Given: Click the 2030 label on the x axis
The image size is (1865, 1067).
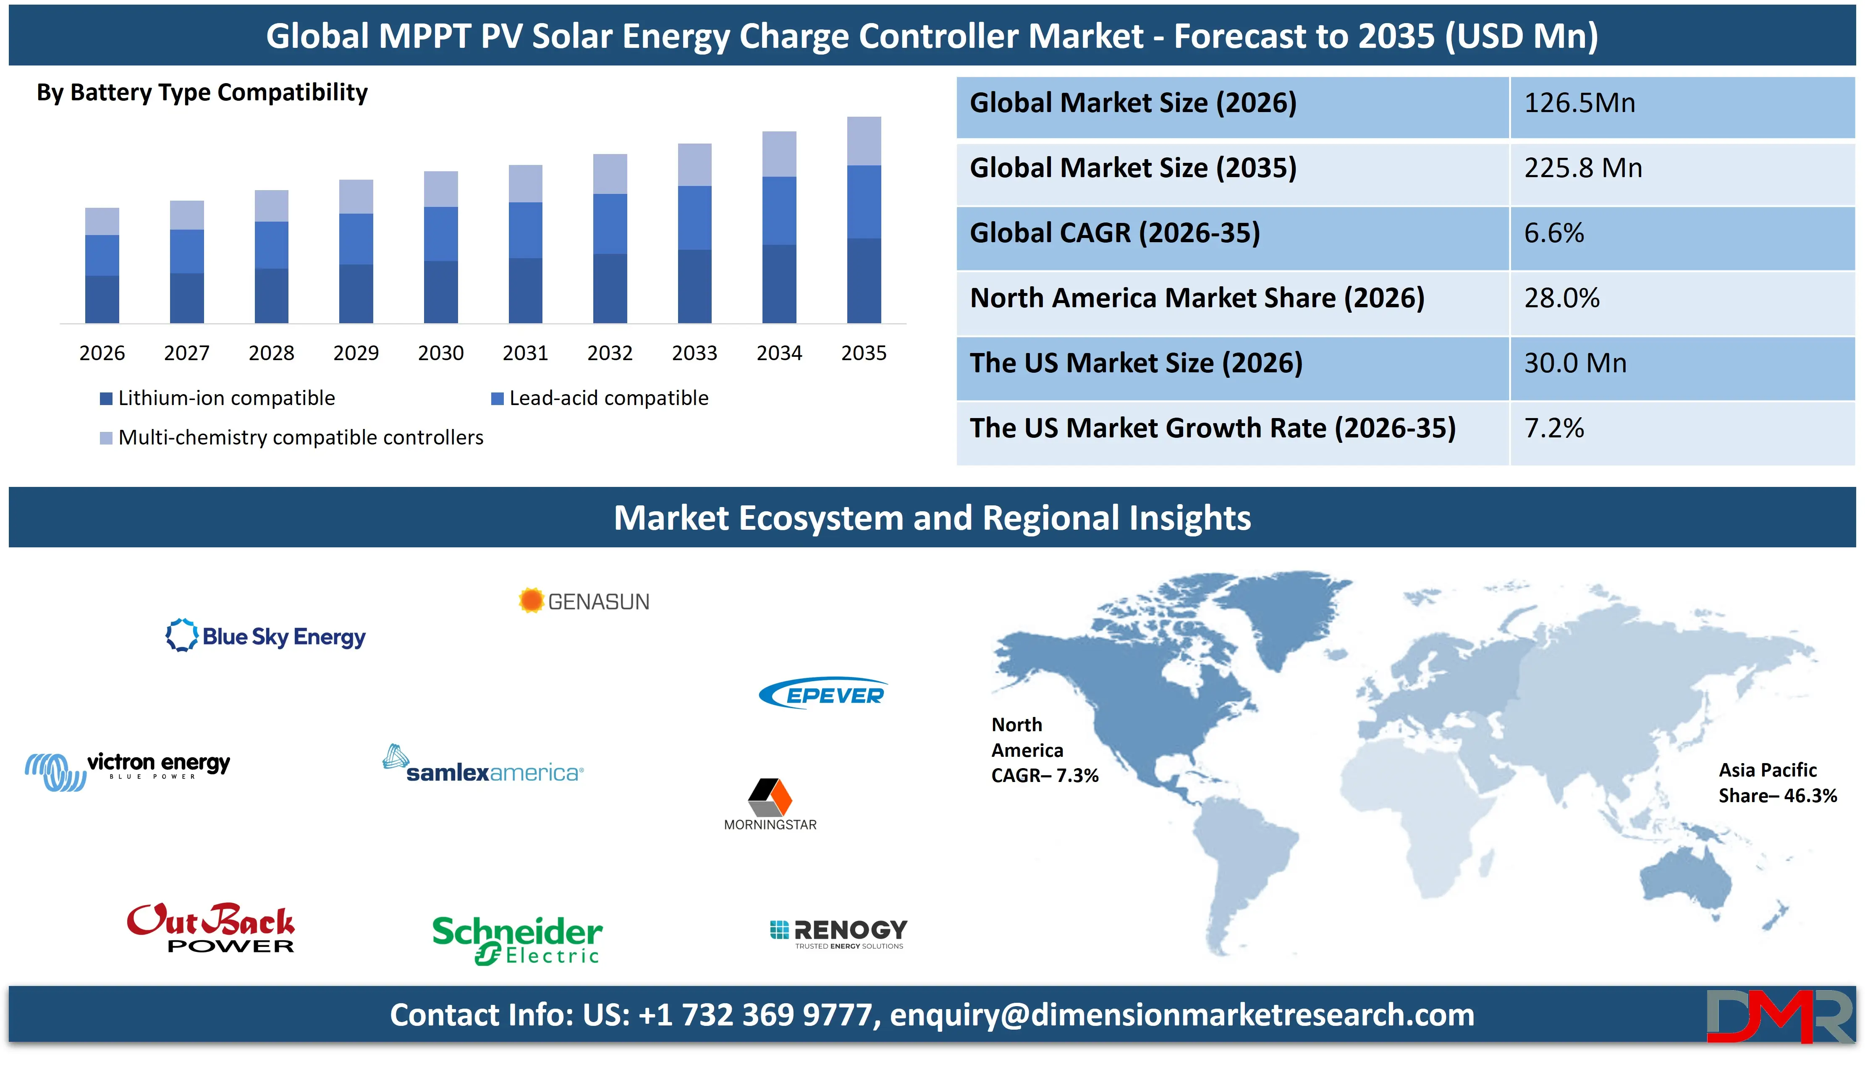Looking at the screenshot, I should tap(440, 353).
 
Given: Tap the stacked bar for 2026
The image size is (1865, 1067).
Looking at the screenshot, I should tap(102, 265).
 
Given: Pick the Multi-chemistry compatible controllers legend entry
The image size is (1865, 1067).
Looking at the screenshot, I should tap(292, 437).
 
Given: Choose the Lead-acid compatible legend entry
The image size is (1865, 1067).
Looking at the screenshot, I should tap(600, 398).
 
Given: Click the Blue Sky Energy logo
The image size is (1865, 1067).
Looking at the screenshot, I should tap(265, 636).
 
